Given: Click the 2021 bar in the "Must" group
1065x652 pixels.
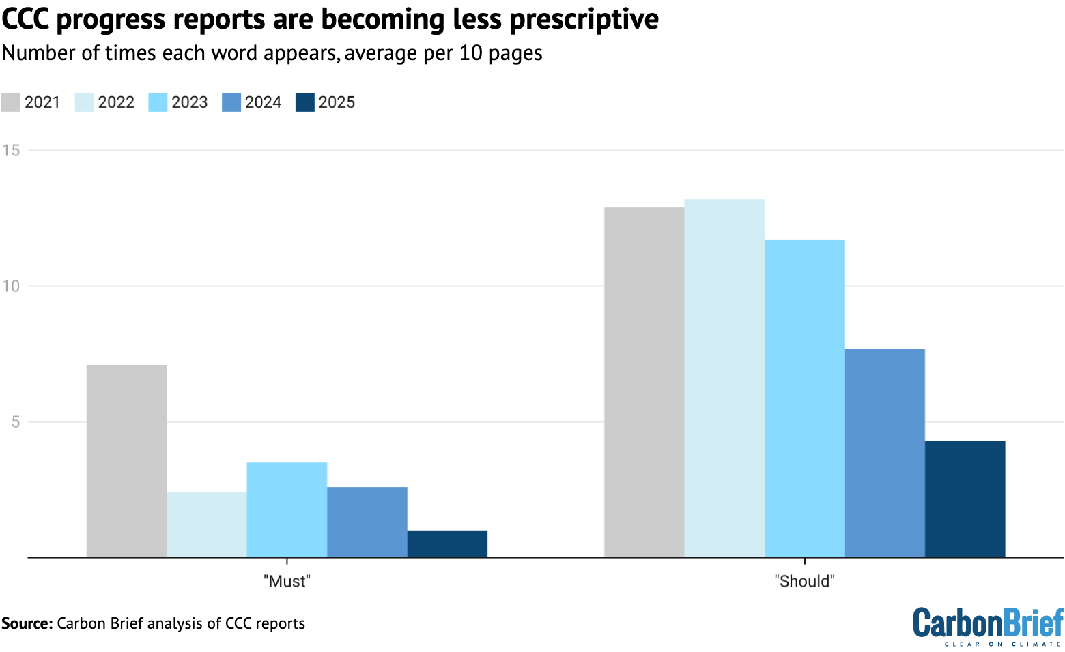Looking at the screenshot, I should pos(126,461).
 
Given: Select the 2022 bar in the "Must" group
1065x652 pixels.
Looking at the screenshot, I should pos(207,524).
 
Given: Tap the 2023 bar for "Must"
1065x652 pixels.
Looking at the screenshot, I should pos(287,509).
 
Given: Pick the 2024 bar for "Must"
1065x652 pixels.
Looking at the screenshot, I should pos(367,522).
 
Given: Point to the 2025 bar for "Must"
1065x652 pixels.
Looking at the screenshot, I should pos(447,544).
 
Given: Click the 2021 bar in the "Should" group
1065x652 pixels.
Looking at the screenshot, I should pos(644,382).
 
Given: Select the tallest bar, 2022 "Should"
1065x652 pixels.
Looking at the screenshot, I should pos(724,378).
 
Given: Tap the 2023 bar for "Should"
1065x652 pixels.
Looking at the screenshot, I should pos(805,398).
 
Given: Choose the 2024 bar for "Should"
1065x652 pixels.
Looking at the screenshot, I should pos(885,453).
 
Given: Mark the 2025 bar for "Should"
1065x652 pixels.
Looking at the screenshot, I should pos(965,499).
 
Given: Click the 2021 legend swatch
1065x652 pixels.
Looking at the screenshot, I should pos(11,102).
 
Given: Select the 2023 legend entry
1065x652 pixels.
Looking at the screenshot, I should pos(179,102).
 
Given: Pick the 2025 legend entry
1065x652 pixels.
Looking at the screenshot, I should pos(326,102).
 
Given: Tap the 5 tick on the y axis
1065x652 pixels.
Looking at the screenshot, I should pos(14,421).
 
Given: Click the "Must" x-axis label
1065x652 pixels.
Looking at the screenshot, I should pos(287,582).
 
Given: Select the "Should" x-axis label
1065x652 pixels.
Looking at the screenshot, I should pos(805,582).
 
